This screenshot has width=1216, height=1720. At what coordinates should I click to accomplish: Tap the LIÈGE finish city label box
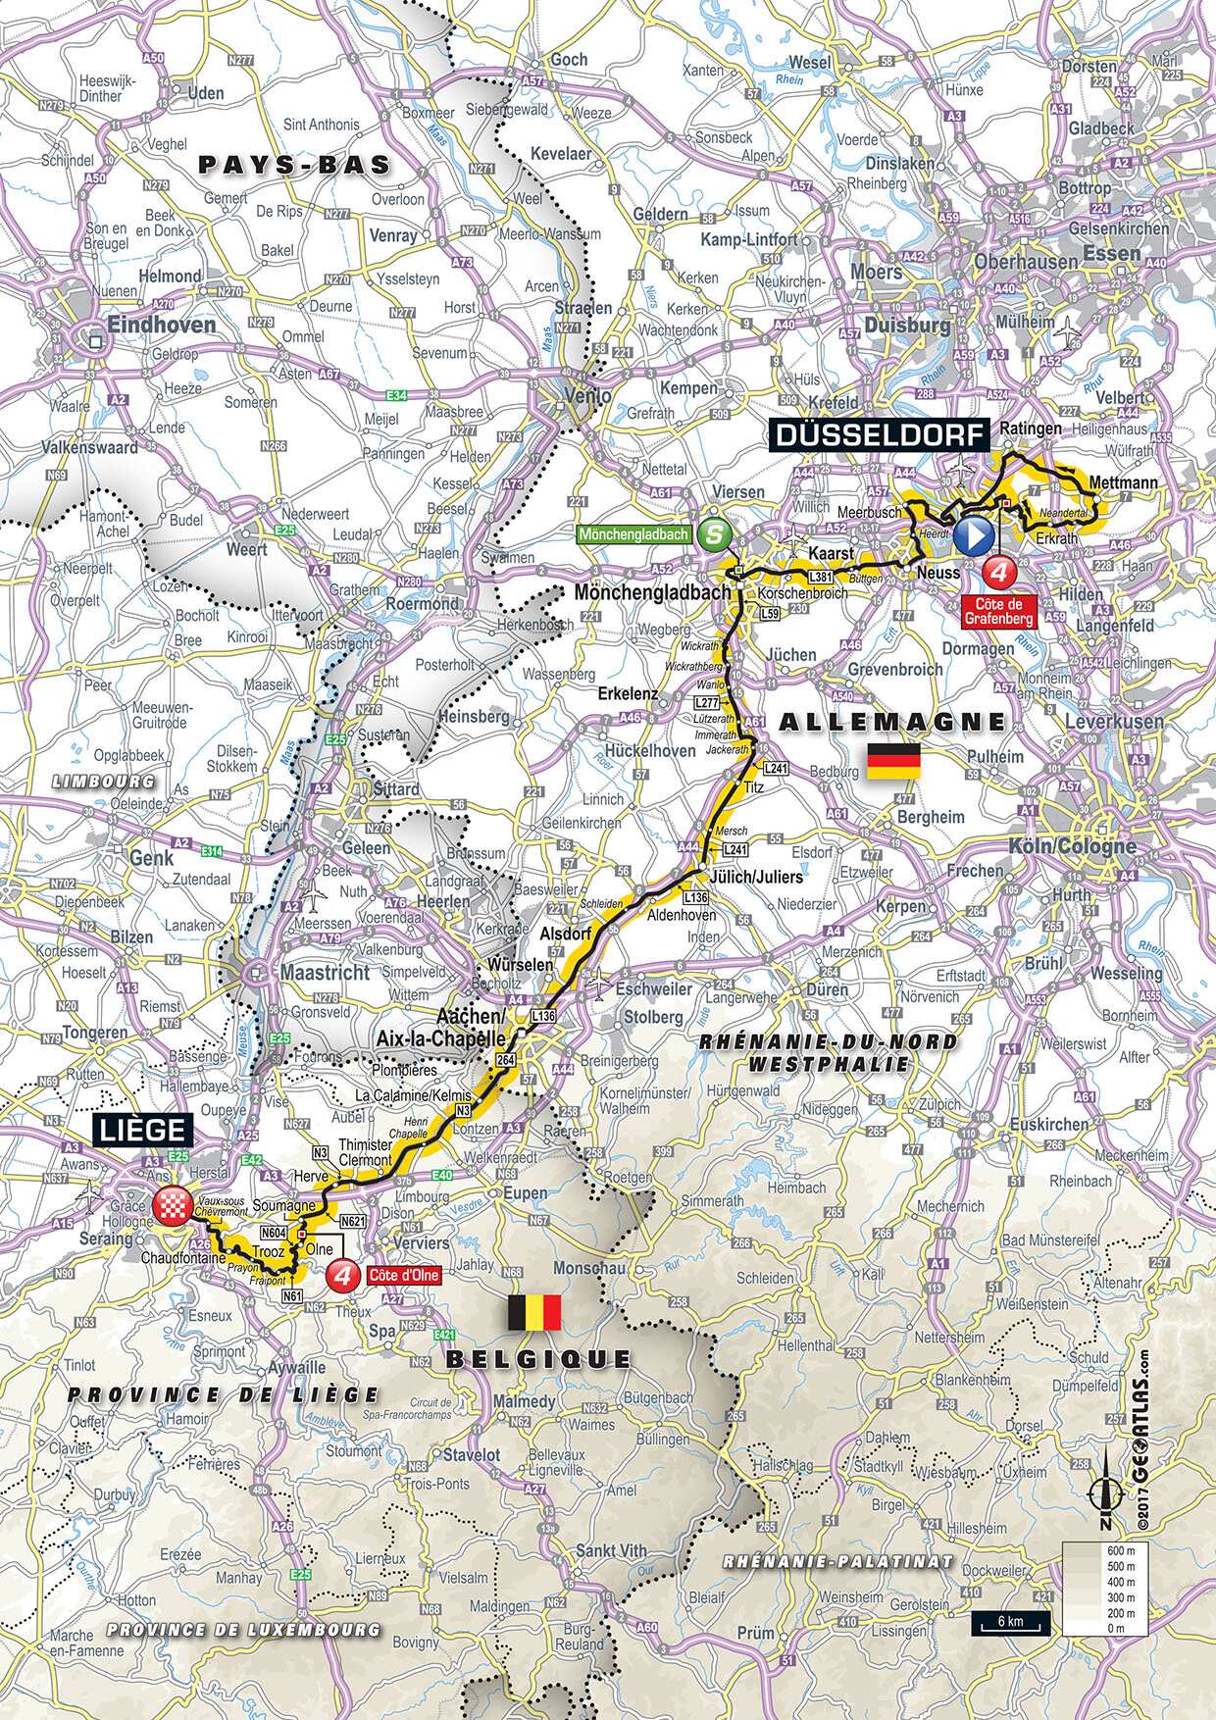(x=140, y=1130)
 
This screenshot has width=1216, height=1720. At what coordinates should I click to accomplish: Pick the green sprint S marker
(x=716, y=535)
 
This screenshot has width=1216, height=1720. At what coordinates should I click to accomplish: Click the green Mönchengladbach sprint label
(x=635, y=535)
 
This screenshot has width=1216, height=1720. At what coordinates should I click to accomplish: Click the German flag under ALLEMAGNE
(x=892, y=761)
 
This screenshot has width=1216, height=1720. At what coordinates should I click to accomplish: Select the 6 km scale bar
(x=1010, y=1625)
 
